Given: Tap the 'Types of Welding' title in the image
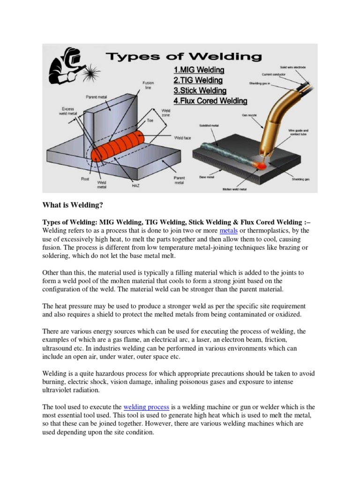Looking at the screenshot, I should [183, 57].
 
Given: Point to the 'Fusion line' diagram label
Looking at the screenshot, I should [148, 85].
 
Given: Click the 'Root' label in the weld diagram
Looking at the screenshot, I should [85, 179].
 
